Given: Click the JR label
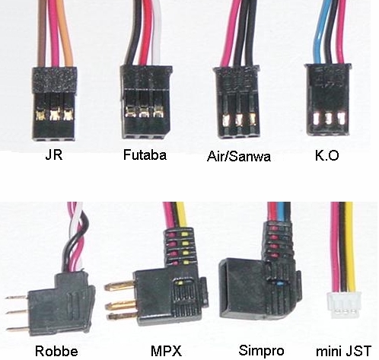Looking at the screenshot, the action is click(x=54, y=155).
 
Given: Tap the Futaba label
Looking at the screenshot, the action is click(x=145, y=155).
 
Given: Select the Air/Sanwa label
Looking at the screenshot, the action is click(x=239, y=157).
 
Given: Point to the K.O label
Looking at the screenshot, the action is click(x=326, y=155).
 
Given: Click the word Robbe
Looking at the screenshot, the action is click(x=56, y=352).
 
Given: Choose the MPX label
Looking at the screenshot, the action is click(x=166, y=352).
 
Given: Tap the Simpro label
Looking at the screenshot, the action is click(x=261, y=351).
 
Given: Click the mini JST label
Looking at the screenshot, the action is click(x=343, y=352).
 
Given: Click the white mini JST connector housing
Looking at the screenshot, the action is click(x=344, y=304).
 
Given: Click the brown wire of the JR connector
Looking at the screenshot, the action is click(x=42, y=33).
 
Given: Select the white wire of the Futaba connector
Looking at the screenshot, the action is click(x=156, y=33).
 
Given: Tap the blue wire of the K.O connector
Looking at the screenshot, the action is click(x=320, y=33).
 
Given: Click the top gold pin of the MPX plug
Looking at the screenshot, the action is click(x=119, y=286).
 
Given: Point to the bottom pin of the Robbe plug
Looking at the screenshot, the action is click(x=17, y=329).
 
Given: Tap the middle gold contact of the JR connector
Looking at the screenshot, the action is click(x=55, y=114).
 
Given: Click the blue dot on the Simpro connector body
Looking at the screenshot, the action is click(x=279, y=282).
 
